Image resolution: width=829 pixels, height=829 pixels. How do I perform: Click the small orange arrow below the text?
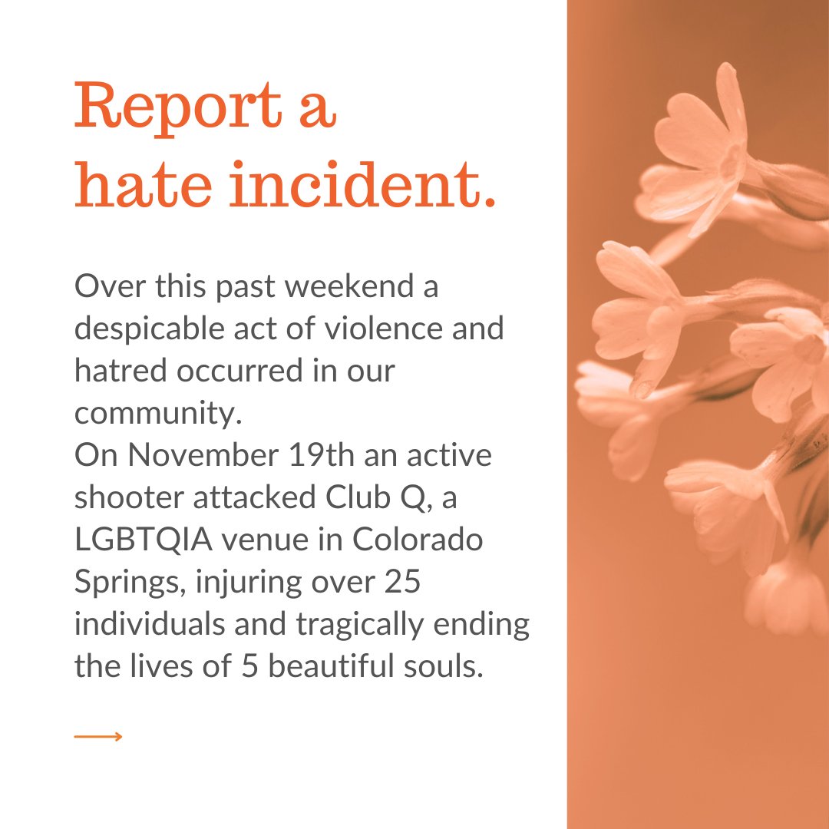98,737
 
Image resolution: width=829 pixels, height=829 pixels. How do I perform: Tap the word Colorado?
419,540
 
